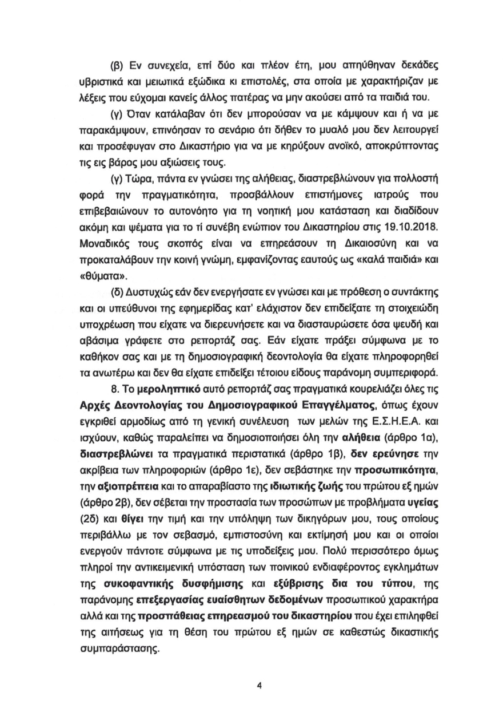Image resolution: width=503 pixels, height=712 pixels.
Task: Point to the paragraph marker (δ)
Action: (x=117, y=295)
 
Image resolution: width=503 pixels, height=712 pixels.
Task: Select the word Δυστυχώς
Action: (x=149, y=295)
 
